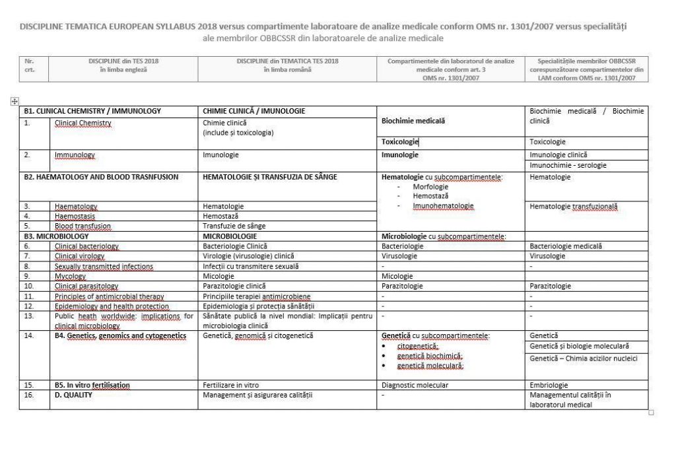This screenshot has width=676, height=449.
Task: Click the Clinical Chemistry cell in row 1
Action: click(x=83, y=123)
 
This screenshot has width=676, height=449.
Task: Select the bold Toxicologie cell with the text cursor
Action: click(x=400, y=141)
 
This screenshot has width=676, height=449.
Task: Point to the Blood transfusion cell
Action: click(x=83, y=226)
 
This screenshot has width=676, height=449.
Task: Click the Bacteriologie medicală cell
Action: click(x=564, y=246)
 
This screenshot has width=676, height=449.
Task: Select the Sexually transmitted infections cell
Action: click(x=104, y=267)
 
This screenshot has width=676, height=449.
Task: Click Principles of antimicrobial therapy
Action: click(x=109, y=296)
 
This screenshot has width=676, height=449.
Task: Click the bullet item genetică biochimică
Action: click(x=429, y=356)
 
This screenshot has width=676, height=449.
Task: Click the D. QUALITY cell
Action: click(x=73, y=395)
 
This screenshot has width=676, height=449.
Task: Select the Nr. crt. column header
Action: click(x=29, y=69)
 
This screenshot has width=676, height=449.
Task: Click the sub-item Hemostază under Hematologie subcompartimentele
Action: click(x=430, y=196)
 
